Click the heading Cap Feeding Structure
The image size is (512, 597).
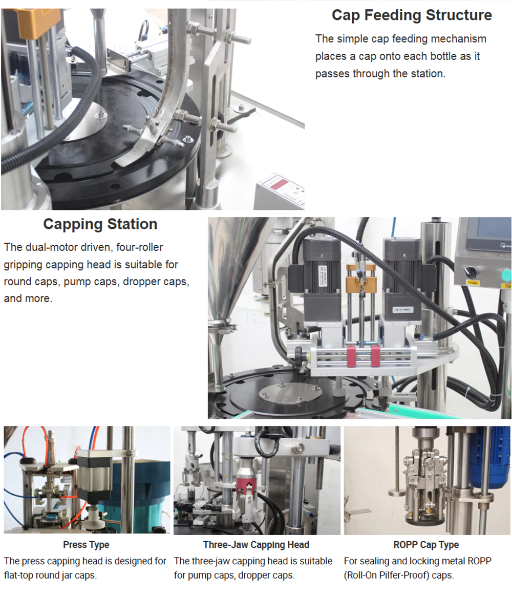412,15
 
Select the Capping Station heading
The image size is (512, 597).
100,224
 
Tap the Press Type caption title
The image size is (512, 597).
86,545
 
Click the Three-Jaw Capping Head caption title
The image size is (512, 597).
256,545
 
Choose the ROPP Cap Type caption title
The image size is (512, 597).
426,545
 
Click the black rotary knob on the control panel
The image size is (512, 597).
471,272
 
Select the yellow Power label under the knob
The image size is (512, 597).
473,283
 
